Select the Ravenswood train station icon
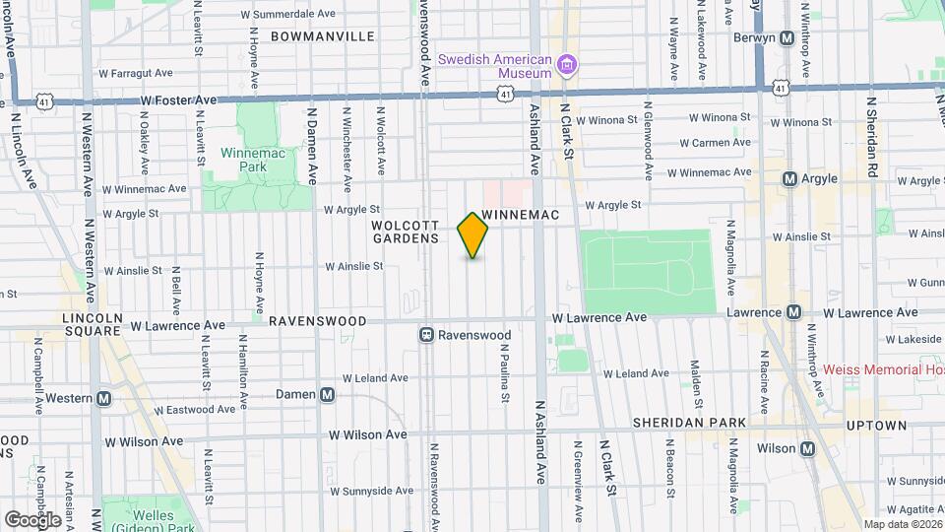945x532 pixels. [x=428, y=335]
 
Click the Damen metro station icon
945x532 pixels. [x=328, y=394]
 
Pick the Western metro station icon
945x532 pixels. [x=103, y=399]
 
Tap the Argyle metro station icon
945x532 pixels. [x=789, y=179]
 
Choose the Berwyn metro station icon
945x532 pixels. [x=787, y=37]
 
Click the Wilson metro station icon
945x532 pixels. [x=808, y=448]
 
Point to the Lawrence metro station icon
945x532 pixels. [x=792, y=312]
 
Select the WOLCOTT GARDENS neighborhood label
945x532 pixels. [x=405, y=232]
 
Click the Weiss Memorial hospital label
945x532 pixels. [x=883, y=369]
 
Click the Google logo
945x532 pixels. [x=32, y=519]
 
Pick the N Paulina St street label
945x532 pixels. [x=504, y=372]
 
